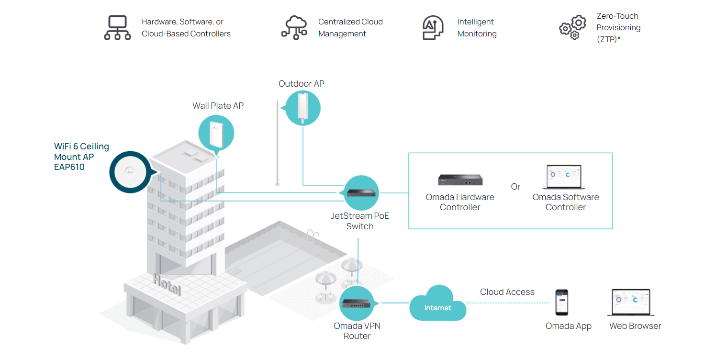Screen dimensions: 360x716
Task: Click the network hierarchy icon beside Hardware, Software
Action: point(117,28)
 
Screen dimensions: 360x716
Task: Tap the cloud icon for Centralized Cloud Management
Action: point(294,27)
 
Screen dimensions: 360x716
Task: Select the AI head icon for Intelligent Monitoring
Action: point(433,28)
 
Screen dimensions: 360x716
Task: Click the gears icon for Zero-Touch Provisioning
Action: point(572,28)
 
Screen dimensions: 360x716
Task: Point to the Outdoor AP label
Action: point(302,84)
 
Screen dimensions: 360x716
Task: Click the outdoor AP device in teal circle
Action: point(302,108)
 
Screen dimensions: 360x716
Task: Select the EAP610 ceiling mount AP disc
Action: point(128,171)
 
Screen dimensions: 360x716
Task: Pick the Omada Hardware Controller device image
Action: point(460,180)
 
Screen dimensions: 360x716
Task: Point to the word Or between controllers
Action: point(515,187)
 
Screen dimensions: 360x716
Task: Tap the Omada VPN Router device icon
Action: point(357,303)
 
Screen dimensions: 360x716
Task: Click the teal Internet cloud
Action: point(437,304)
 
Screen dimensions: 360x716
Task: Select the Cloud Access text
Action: point(507,292)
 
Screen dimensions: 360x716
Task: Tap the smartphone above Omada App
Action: point(561,302)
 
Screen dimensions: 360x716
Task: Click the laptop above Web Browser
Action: point(631,303)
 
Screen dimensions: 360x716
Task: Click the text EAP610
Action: point(69,168)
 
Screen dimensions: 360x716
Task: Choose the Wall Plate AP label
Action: point(218,106)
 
